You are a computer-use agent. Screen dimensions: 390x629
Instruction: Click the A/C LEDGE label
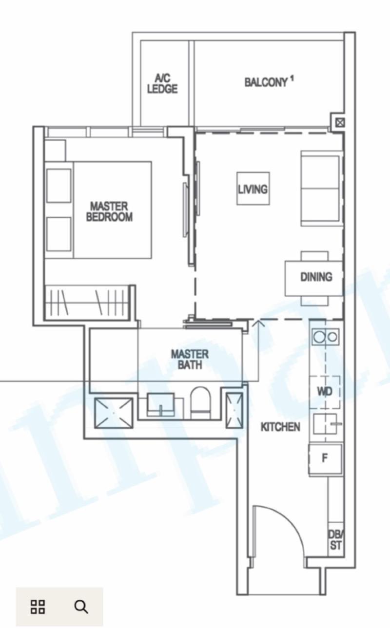point(162,83)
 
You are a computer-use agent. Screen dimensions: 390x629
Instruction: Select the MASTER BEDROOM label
point(109,211)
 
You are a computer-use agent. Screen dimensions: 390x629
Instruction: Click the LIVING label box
point(253,189)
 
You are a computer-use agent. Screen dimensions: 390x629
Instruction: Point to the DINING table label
point(316,277)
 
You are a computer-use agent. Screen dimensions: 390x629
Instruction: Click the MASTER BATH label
point(190,359)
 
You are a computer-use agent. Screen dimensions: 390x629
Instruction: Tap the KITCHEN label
point(280,427)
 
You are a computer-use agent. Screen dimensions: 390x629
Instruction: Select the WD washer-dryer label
point(325,391)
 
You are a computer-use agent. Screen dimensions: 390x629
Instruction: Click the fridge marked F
point(326,459)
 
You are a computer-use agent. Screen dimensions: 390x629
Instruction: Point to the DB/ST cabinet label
point(335,539)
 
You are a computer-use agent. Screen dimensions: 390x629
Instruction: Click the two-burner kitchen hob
point(325,337)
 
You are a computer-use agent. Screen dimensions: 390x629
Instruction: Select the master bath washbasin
point(161,404)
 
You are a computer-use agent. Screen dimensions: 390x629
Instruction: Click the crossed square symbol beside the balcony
point(340,122)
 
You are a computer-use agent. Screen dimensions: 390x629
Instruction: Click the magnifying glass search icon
point(81,607)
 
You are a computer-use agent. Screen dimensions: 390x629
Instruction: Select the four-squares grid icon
point(38,607)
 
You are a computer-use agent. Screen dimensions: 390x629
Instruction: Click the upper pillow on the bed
point(58,186)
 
